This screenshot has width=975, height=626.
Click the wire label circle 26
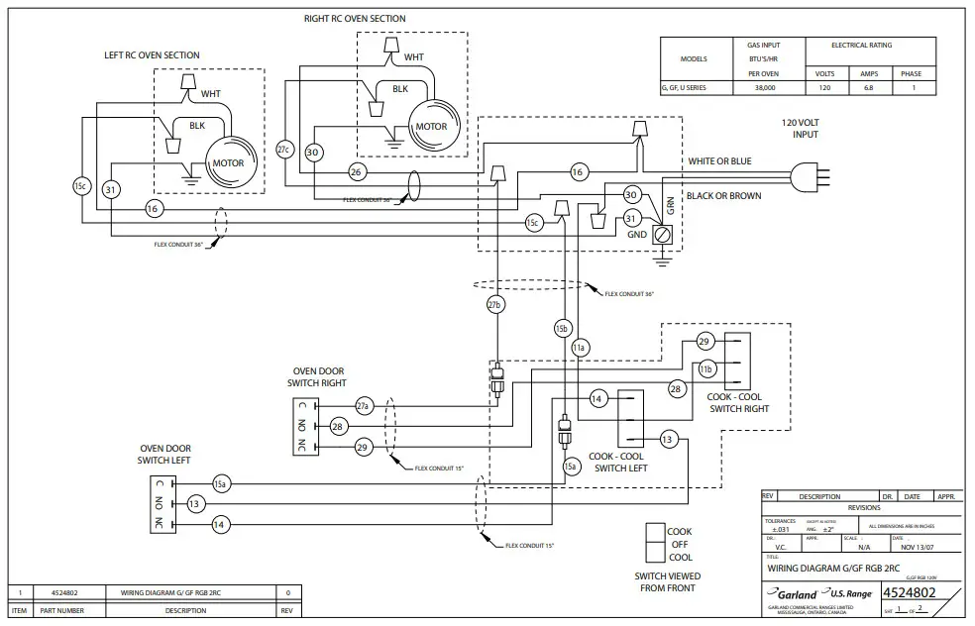click(357, 171)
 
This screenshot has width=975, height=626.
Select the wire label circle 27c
click(284, 149)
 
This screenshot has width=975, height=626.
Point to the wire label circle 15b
click(563, 328)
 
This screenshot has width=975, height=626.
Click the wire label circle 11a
click(581, 347)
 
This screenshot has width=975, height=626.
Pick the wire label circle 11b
click(706, 368)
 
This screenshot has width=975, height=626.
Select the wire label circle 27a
click(364, 405)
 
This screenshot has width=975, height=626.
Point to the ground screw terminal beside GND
click(663, 235)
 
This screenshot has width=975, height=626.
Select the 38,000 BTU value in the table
click(763, 88)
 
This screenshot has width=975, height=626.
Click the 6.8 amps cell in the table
click(868, 88)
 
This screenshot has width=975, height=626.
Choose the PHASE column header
click(911, 73)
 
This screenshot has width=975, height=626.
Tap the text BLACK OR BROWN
click(724, 196)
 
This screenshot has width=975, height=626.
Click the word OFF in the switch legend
click(679, 544)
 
